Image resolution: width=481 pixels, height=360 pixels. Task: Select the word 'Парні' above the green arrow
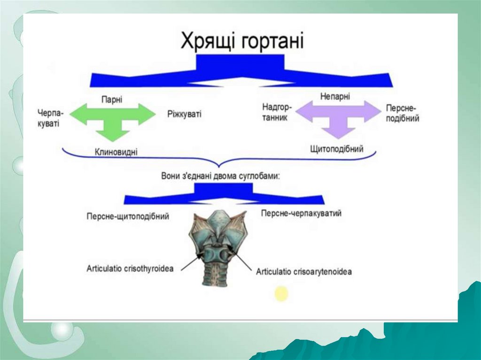point(111,100)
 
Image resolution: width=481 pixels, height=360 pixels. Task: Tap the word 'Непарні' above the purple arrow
point(335,97)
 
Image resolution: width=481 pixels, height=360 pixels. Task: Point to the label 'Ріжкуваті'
point(184,114)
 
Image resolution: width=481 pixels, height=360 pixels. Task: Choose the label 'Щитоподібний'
point(337,149)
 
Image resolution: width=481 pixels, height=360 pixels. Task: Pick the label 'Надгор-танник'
point(275,113)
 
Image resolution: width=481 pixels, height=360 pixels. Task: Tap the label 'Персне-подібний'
point(402,113)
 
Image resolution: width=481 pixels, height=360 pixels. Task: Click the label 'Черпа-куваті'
point(52,119)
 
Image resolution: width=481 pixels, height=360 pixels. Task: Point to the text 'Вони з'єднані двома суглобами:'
point(220,175)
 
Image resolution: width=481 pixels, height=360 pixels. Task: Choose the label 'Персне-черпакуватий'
point(301,214)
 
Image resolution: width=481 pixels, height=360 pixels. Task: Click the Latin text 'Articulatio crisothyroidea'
point(130,269)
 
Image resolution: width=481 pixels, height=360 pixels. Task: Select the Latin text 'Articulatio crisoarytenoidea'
point(304,271)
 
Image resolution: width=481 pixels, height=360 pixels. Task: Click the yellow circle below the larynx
point(281,293)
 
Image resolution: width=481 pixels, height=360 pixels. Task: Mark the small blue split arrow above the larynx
point(224,194)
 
